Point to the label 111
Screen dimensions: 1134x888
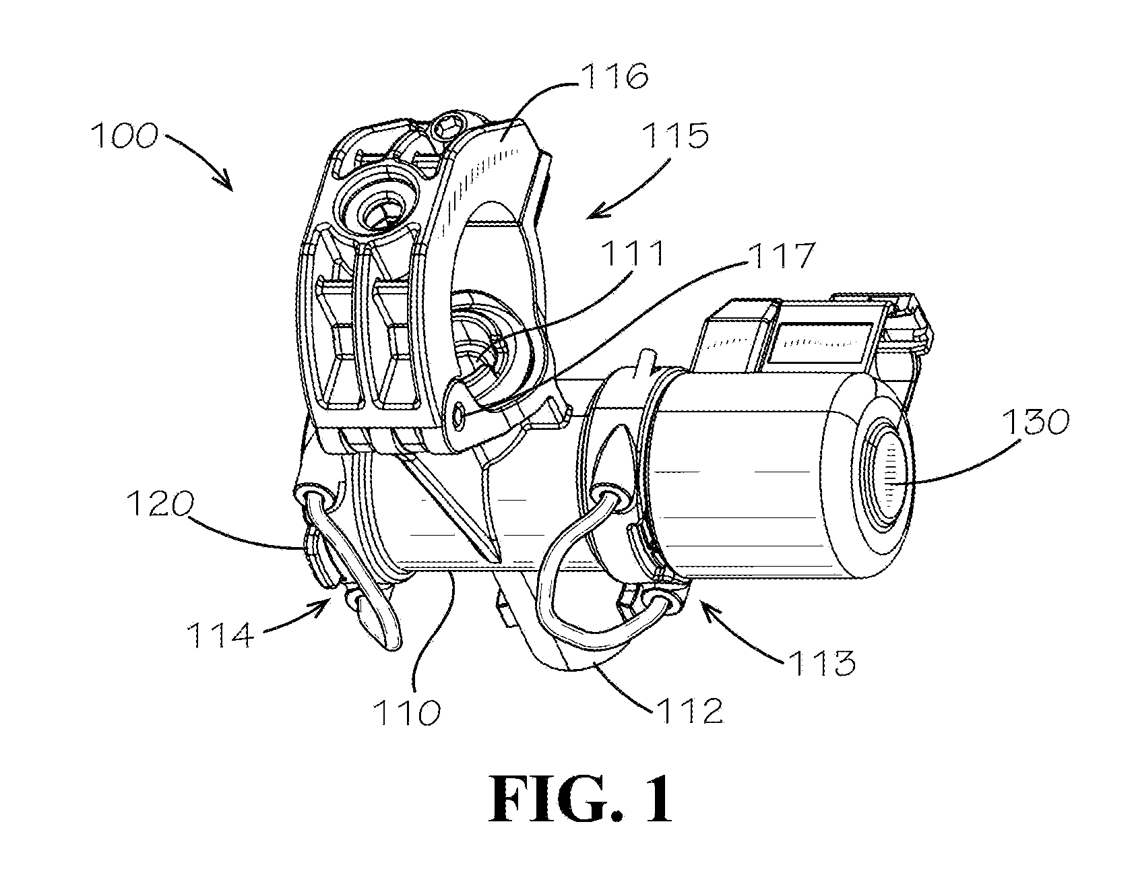632,255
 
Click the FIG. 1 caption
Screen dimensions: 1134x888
580,799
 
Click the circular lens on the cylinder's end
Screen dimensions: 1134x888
889,478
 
